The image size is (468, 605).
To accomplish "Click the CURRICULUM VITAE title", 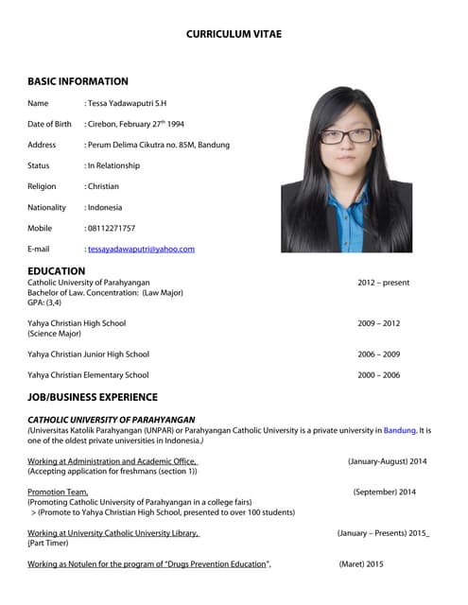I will (x=234, y=34).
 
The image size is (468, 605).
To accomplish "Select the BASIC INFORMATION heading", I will (x=78, y=81).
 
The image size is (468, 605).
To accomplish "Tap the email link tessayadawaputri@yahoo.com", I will (x=141, y=249).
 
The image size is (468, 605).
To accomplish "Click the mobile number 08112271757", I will (x=111, y=228).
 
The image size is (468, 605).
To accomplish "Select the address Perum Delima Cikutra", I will (x=158, y=145).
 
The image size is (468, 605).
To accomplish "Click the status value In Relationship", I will (x=113, y=165).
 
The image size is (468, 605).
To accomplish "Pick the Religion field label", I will (x=42, y=186).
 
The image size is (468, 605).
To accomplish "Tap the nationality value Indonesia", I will (x=106, y=207).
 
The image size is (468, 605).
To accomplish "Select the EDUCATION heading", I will (x=57, y=270).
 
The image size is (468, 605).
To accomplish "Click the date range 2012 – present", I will (x=383, y=283).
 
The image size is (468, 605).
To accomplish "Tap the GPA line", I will (x=44, y=302).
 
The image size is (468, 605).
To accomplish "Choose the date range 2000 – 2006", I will (x=378, y=375).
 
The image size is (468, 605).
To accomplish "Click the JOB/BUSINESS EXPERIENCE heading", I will (x=93, y=397).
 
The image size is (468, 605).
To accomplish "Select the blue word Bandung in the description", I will (x=399, y=430).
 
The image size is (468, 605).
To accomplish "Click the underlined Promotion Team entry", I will (x=58, y=492).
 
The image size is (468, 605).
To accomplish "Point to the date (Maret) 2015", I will (x=361, y=563).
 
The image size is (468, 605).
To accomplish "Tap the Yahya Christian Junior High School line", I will (x=88, y=354).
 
